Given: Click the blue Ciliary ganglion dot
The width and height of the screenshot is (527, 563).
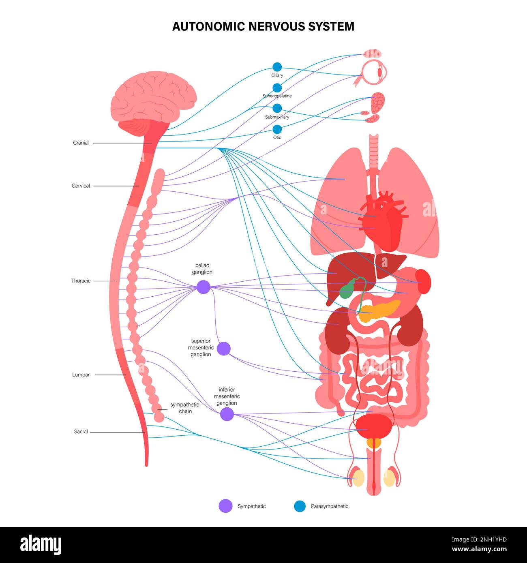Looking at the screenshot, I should click(277, 67).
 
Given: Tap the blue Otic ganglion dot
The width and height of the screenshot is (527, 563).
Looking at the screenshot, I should click(277, 129).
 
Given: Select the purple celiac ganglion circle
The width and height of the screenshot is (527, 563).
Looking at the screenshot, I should click(204, 287).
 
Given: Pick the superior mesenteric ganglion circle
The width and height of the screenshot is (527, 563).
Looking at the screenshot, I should click(224, 349).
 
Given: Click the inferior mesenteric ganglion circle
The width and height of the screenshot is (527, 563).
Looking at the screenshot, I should click(227, 414).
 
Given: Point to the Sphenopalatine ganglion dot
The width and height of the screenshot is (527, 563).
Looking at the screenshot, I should click(277, 88).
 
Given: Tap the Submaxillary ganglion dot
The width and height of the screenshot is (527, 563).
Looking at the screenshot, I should click(277, 108).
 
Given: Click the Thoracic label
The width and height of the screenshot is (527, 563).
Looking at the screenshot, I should click(81, 281).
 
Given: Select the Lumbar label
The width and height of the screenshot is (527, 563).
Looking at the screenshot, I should click(81, 375).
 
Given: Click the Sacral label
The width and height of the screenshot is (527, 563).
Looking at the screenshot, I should click(81, 432).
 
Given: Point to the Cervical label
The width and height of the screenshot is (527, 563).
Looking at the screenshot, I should click(81, 186).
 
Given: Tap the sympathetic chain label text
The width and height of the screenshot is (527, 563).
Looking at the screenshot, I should click(184, 408).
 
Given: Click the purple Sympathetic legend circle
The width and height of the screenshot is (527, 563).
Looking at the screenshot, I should click(225, 506).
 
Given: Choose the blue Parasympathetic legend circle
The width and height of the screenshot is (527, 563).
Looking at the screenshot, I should click(299, 506).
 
